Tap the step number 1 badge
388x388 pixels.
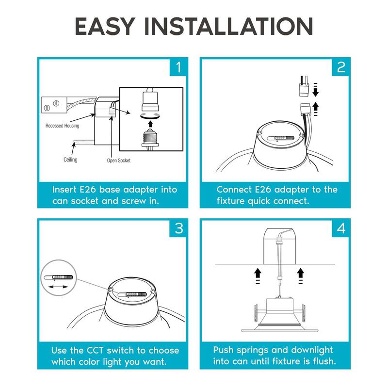[x=178, y=67]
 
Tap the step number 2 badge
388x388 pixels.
[x=341, y=67]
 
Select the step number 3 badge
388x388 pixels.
[x=178, y=228]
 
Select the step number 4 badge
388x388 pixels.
[x=341, y=228]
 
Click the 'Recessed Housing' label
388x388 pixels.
[x=63, y=126]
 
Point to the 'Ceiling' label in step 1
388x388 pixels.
[x=70, y=160]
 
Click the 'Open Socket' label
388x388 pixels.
[x=118, y=160]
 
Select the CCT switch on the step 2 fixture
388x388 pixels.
[x=284, y=138]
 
